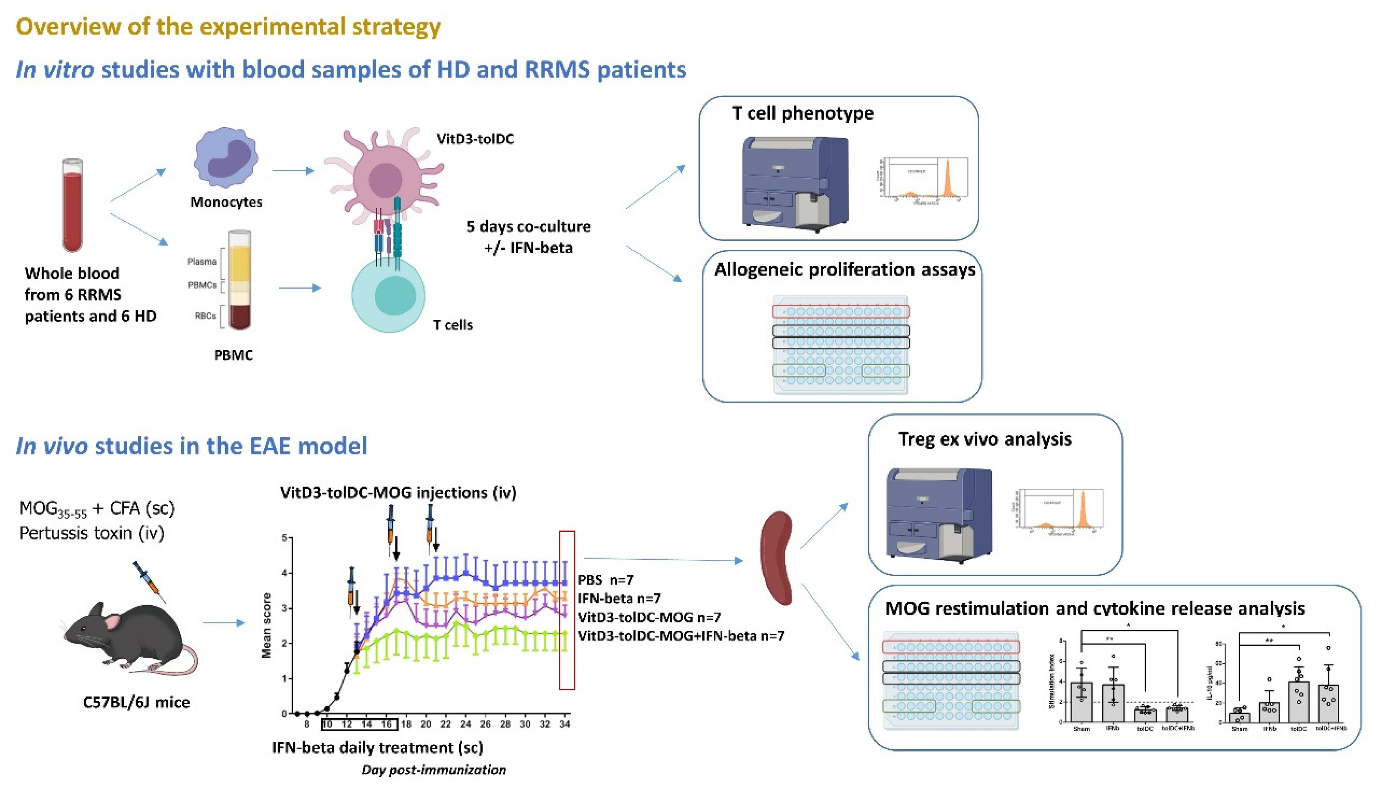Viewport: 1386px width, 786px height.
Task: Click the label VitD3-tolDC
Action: pos(475,139)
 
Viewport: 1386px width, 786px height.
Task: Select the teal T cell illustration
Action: pos(388,296)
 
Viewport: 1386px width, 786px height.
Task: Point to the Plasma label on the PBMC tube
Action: pos(201,262)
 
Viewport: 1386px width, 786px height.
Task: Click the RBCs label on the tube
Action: pos(205,316)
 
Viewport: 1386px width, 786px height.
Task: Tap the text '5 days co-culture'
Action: pos(528,226)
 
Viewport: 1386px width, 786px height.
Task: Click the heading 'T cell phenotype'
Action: pos(802,113)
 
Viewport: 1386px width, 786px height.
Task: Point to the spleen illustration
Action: pos(777,559)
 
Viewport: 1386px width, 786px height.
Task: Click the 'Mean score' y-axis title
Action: pos(266,625)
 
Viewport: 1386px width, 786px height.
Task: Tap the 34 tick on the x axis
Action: pos(564,724)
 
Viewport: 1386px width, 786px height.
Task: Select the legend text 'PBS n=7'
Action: pos(605,580)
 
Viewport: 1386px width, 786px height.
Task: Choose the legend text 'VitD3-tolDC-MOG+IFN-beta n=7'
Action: pos(681,636)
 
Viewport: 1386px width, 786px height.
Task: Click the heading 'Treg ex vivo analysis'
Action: pos(984,439)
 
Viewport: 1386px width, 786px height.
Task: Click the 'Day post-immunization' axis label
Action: pos(434,770)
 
